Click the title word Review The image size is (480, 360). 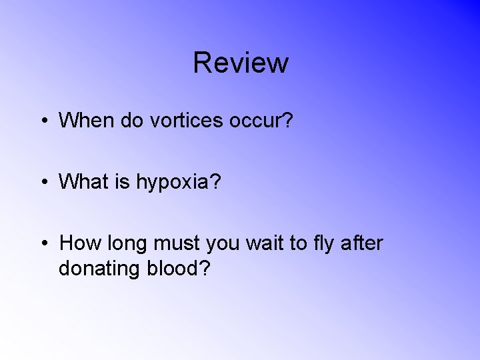(x=241, y=63)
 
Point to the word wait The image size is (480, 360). (x=262, y=243)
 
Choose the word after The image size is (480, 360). (x=362, y=243)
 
